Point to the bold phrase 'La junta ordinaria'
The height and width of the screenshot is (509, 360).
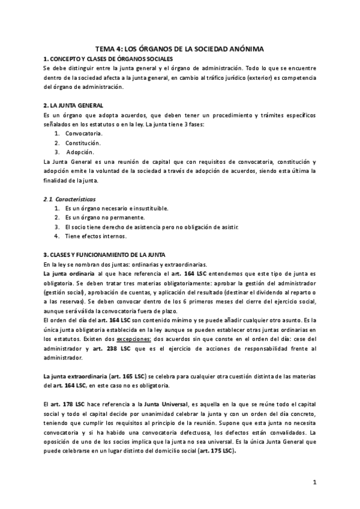coord(68,274)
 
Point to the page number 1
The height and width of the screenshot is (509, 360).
coord(314,482)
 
